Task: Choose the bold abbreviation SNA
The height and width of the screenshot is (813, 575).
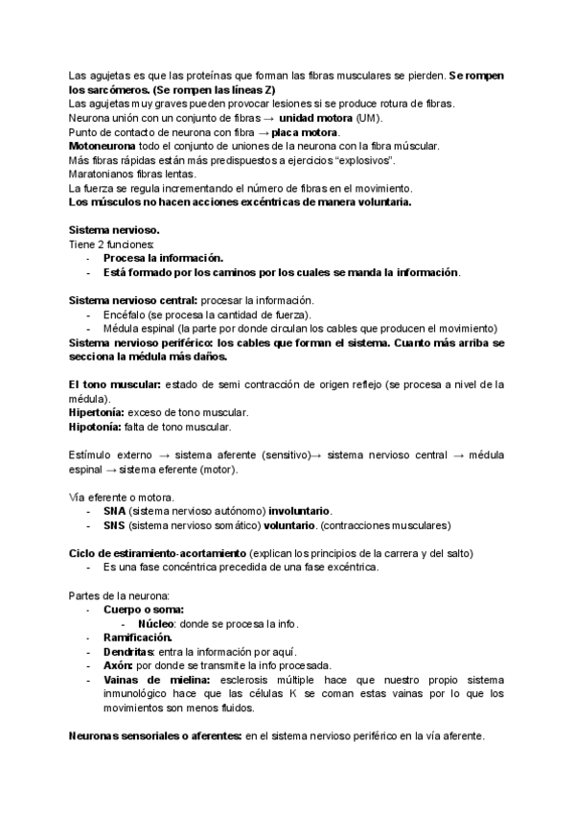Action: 115,511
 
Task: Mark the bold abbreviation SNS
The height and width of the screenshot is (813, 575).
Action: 115,525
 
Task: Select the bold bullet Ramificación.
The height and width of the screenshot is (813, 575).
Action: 138,638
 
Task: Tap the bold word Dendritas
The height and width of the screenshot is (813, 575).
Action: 129,652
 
